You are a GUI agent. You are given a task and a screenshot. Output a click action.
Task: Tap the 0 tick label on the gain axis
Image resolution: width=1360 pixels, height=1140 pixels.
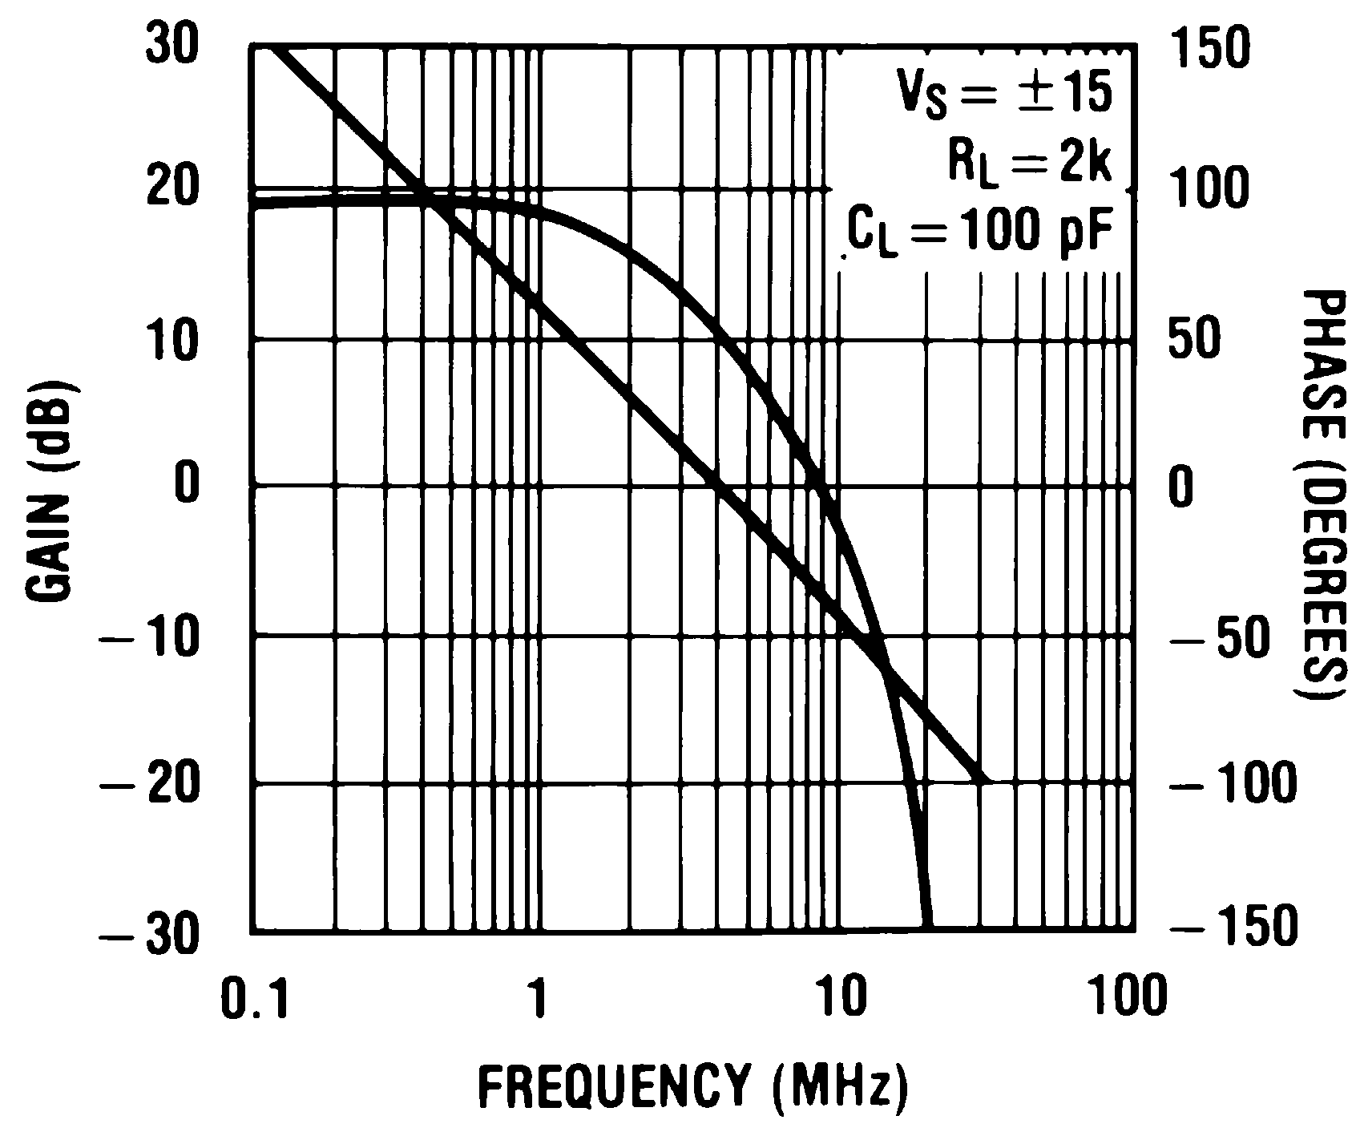[186, 487]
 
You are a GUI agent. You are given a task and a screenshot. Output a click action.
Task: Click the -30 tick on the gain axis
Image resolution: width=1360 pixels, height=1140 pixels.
[149, 933]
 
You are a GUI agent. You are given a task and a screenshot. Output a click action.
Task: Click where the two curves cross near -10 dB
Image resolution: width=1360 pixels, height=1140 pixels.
[885, 670]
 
